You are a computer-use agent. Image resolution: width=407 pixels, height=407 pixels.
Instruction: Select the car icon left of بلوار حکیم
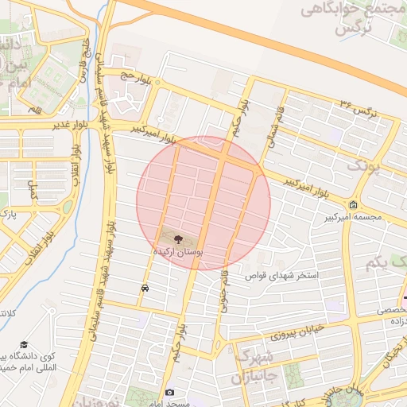[x=145, y=289]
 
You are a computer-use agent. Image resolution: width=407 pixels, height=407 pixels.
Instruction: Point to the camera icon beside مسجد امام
[x=169, y=393]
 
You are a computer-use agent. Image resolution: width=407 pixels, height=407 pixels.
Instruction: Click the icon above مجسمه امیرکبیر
[x=353, y=204]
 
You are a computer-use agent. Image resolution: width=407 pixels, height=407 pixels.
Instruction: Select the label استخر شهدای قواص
[x=285, y=276]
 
